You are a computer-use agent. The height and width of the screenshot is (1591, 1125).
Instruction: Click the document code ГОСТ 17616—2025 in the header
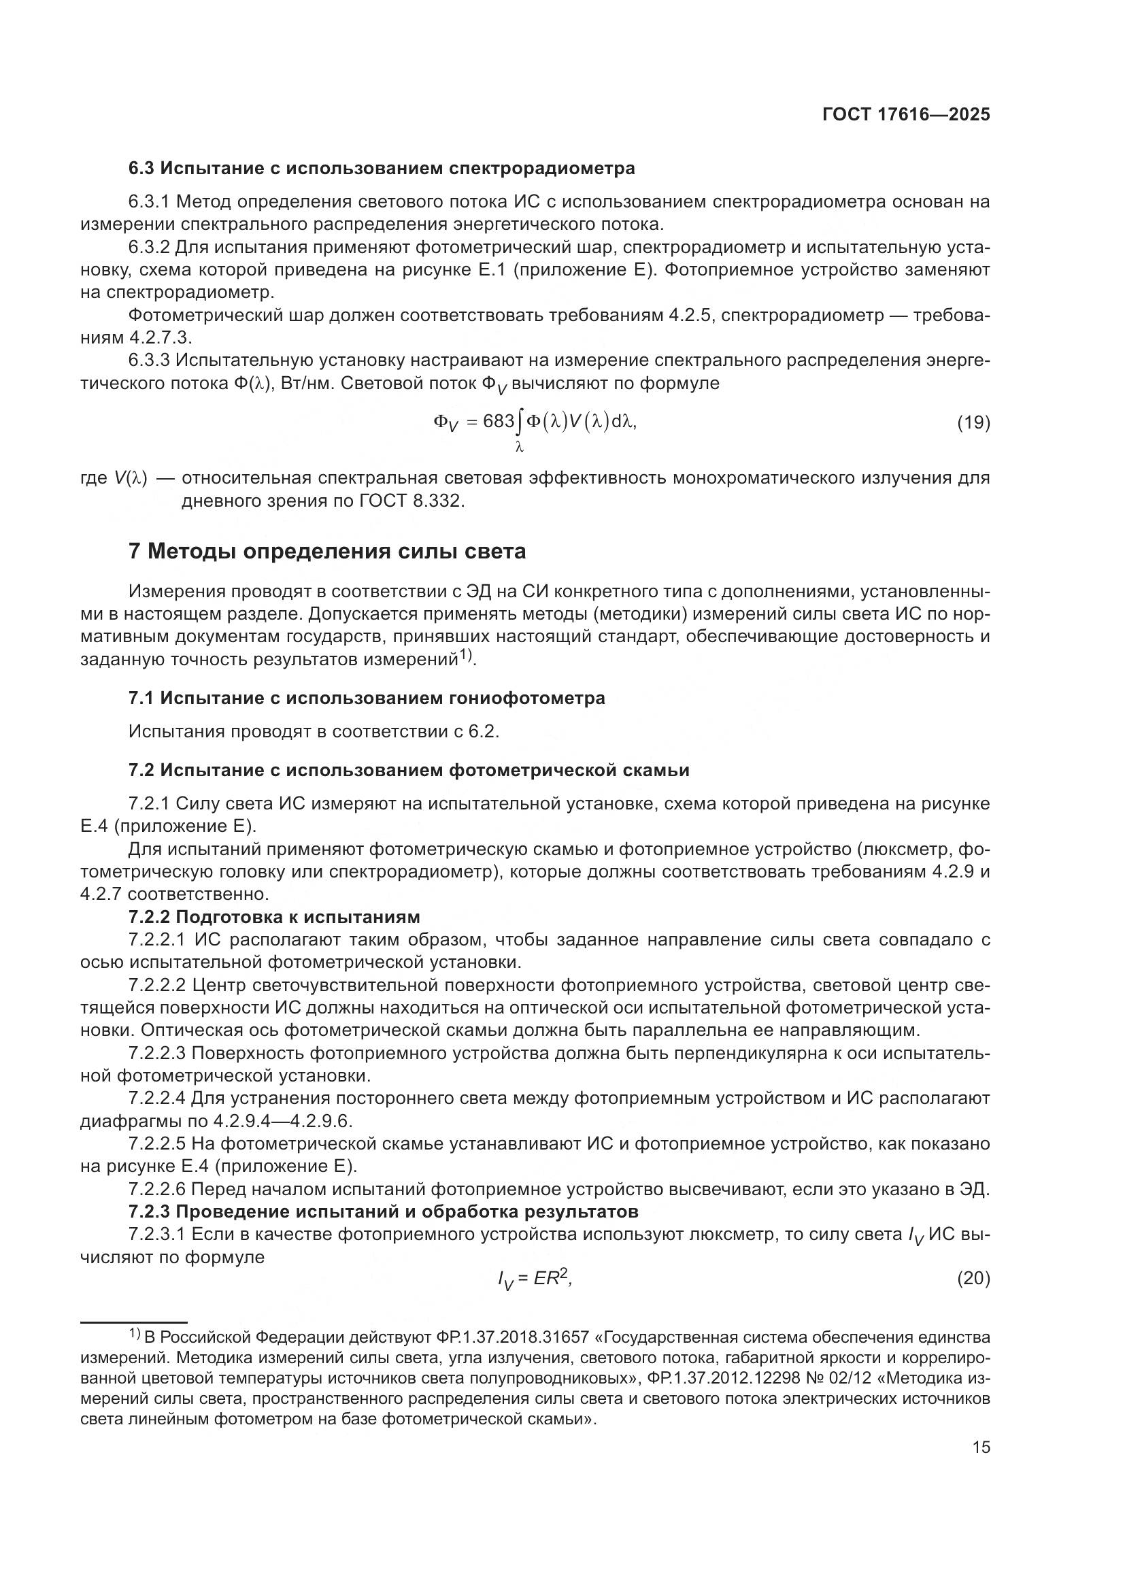906,115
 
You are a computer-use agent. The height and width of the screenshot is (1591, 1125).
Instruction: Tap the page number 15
981,1447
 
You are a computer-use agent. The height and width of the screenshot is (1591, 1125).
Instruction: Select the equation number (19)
973,422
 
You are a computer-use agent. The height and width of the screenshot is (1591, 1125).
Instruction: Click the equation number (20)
973,1279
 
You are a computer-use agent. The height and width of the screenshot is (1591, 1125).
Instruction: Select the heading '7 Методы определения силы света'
327,552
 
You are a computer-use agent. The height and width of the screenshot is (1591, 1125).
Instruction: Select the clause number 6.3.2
149,248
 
